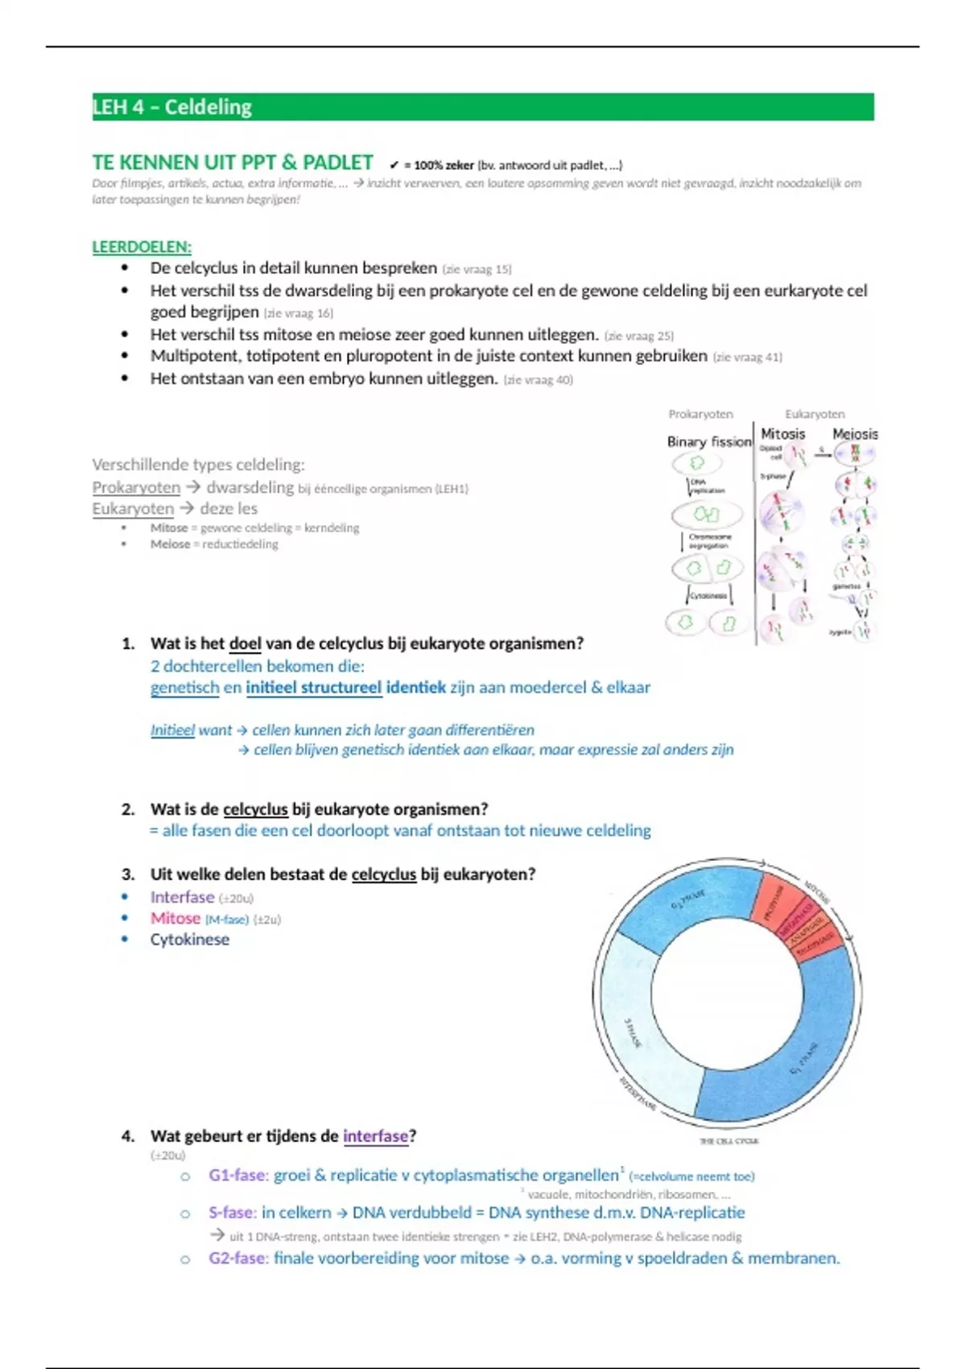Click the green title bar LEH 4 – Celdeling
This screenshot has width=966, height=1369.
483,107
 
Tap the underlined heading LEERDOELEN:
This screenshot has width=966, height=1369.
142,247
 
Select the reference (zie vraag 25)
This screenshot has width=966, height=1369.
639,336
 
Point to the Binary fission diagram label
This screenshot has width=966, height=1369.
708,441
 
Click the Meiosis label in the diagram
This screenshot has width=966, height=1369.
855,434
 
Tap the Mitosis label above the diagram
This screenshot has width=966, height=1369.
782,434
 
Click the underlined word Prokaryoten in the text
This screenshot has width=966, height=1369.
136,487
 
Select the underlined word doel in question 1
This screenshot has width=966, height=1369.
246,643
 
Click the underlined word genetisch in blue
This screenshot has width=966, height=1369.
184,688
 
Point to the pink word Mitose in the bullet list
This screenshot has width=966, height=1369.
175,918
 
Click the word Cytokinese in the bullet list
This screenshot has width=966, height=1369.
190,940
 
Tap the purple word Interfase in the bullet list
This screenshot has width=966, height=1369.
182,897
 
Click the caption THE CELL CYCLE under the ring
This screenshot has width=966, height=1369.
729,1141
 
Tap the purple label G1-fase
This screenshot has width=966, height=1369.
237,1175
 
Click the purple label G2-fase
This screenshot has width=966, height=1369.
237,1258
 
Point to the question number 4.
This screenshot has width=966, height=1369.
127,1136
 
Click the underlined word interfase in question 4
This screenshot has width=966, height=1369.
375,1136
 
